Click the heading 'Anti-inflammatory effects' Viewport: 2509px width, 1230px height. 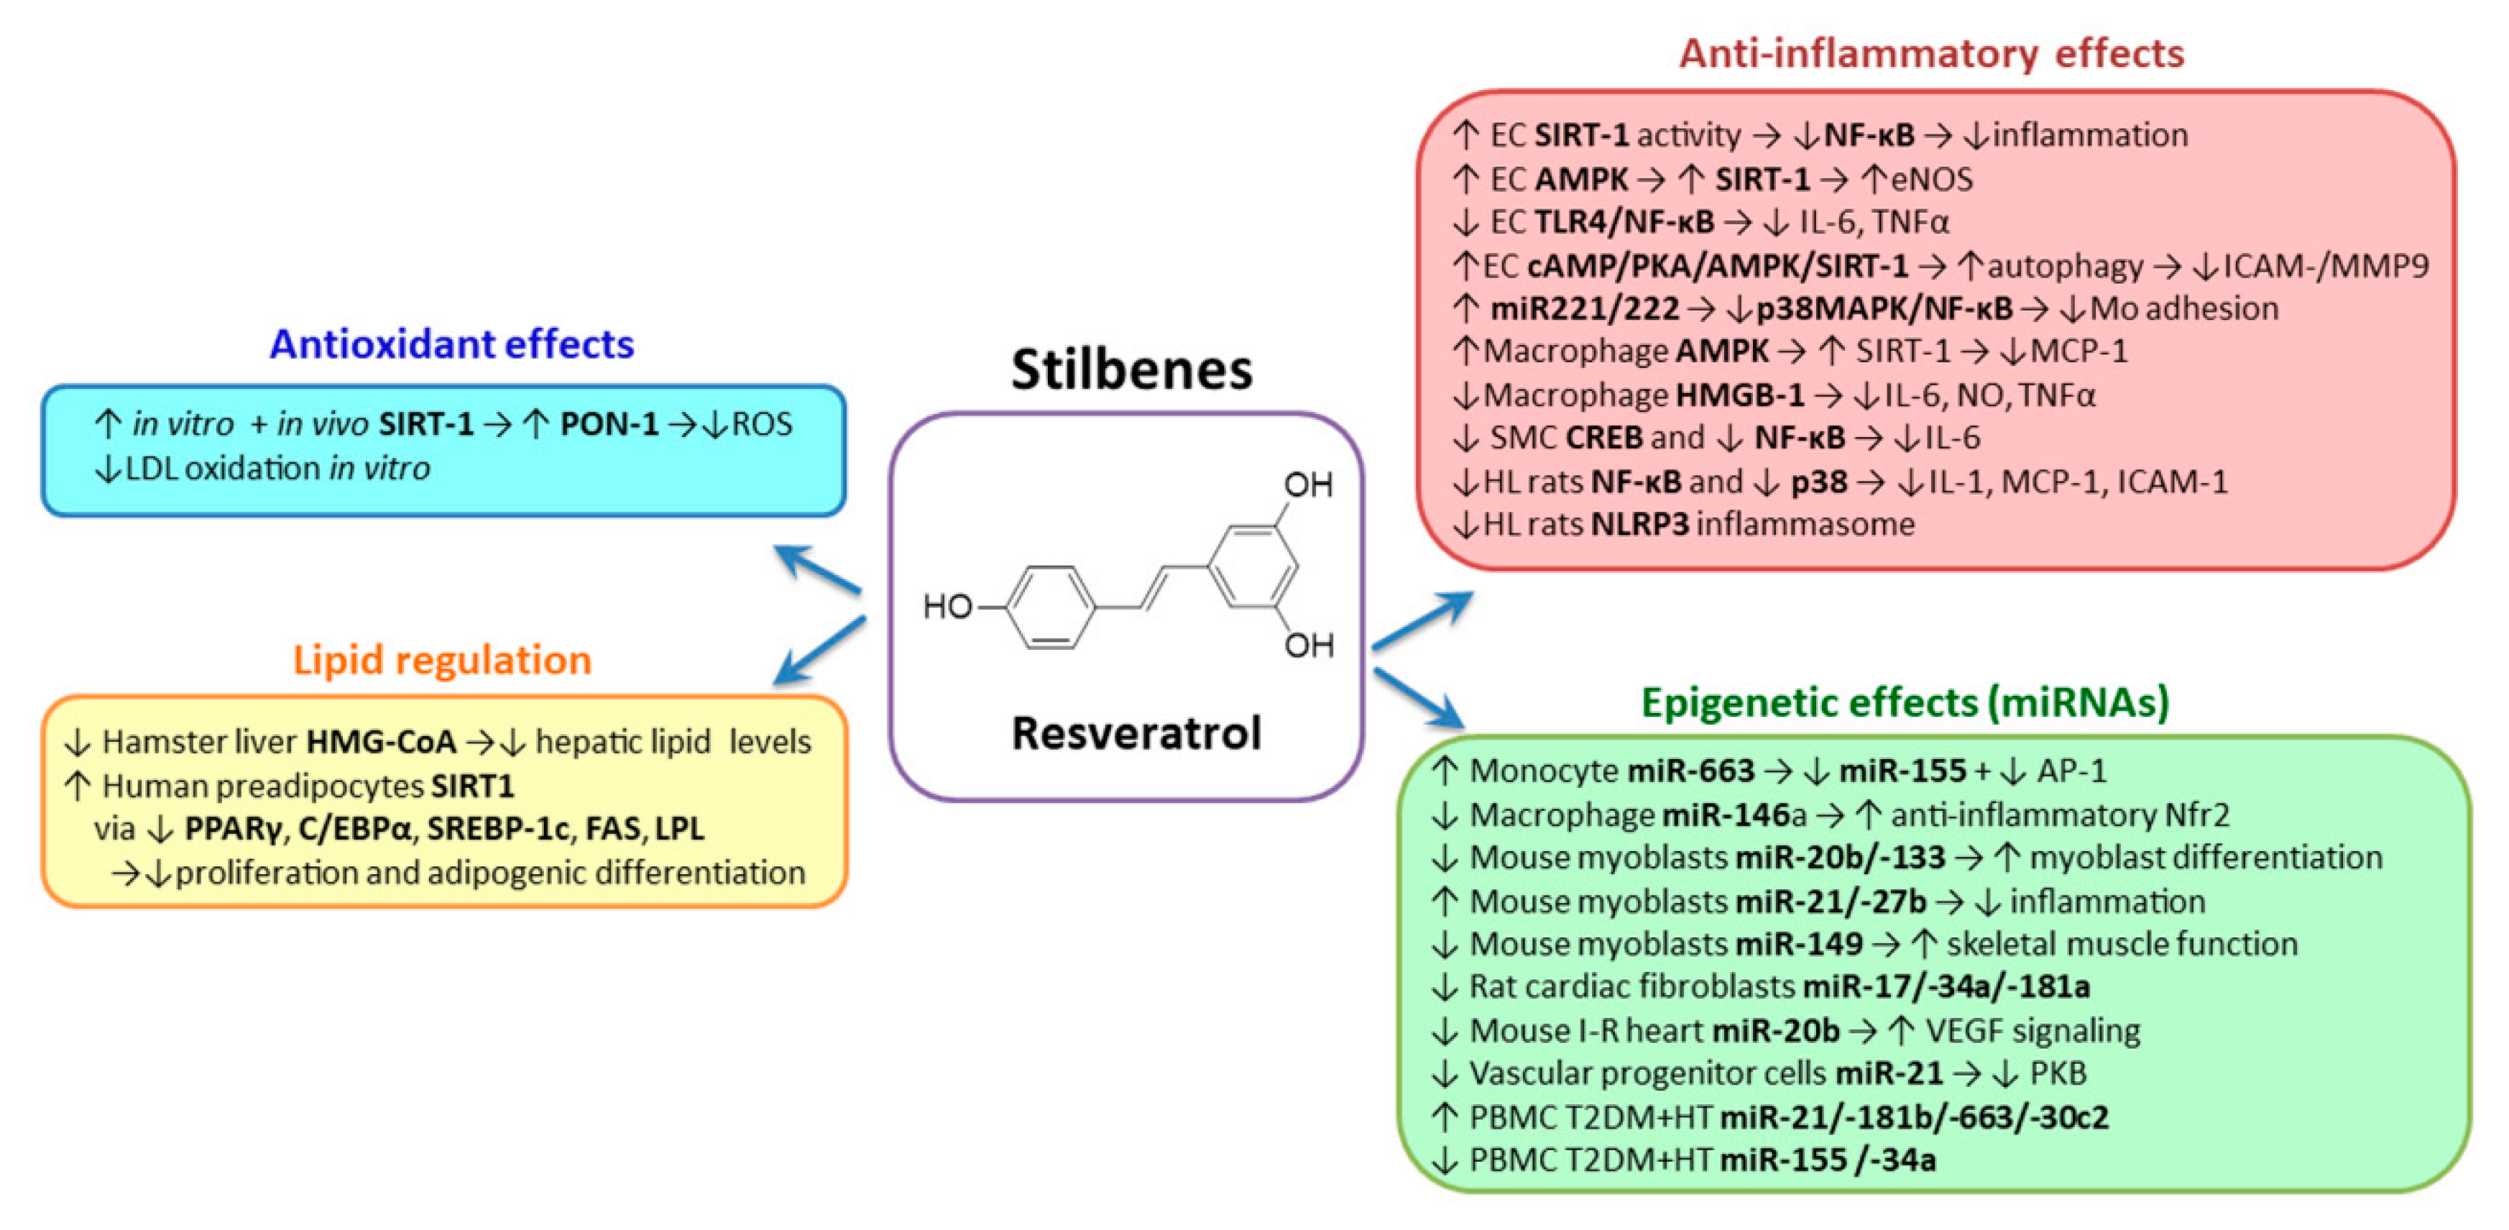1930,54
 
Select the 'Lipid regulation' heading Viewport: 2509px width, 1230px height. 442,659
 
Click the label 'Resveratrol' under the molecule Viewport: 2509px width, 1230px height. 1136,733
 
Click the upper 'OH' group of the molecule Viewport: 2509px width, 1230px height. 1307,484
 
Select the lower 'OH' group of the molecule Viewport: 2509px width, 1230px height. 1307,645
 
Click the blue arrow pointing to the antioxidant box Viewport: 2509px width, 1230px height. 816,570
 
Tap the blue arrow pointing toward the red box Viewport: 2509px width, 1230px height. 1422,620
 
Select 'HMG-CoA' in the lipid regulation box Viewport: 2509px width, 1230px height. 381,742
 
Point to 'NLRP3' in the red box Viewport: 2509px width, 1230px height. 1639,525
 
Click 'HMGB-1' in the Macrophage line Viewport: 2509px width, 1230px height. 1739,395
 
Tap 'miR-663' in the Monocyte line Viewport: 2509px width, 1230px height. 1691,771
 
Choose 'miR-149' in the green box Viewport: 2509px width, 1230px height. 1799,944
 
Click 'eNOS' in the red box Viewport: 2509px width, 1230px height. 1931,179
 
